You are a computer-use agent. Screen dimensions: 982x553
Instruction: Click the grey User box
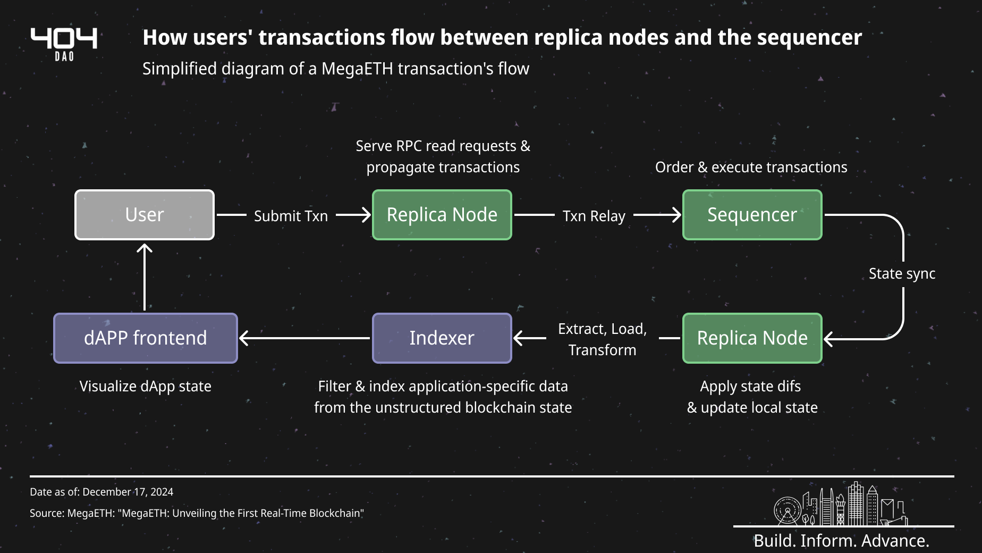pyautogui.click(x=145, y=215)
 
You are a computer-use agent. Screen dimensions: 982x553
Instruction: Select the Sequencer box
pyautogui.click(x=752, y=215)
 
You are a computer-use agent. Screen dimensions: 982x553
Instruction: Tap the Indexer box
pyautogui.click(x=442, y=338)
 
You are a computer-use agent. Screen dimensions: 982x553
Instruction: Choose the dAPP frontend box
pyautogui.click(x=145, y=338)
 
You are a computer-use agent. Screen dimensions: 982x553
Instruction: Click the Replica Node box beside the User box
pyautogui.click(x=442, y=215)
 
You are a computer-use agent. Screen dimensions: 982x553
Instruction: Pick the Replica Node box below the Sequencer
pyautogui.click(x=752, y=338)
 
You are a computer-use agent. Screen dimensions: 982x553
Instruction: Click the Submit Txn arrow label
pyautogui.click(x=291, y=216)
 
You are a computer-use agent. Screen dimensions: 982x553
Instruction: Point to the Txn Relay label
pyautogui.click(x=594, y=216)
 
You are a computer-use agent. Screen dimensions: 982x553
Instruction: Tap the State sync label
pyautogui.click(x=902, y=273)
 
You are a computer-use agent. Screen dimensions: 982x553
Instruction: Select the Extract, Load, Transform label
pyautogui.click(x=602, y=339)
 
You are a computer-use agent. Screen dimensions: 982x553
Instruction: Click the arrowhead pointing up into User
pyautogui.click(x=145, y=248)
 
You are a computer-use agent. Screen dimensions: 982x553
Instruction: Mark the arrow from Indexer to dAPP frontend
pyautogui.click(x=304, y=338)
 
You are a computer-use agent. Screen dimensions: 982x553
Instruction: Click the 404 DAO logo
pyautogui.click(x=64, y=44)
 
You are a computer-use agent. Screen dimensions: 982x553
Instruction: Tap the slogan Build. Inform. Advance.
pyautogui.click(x=841, y=540)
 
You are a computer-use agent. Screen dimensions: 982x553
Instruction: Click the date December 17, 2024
pyautogui.click(x=128, y=492)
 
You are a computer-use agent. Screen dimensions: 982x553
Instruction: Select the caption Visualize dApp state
pyautogui.click(x=145, y=386)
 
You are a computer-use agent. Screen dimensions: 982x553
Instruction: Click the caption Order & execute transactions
pyautogui.click(x=751, y=167)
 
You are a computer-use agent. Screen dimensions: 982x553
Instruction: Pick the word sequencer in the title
pyautogui.click(x=809, y=38)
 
